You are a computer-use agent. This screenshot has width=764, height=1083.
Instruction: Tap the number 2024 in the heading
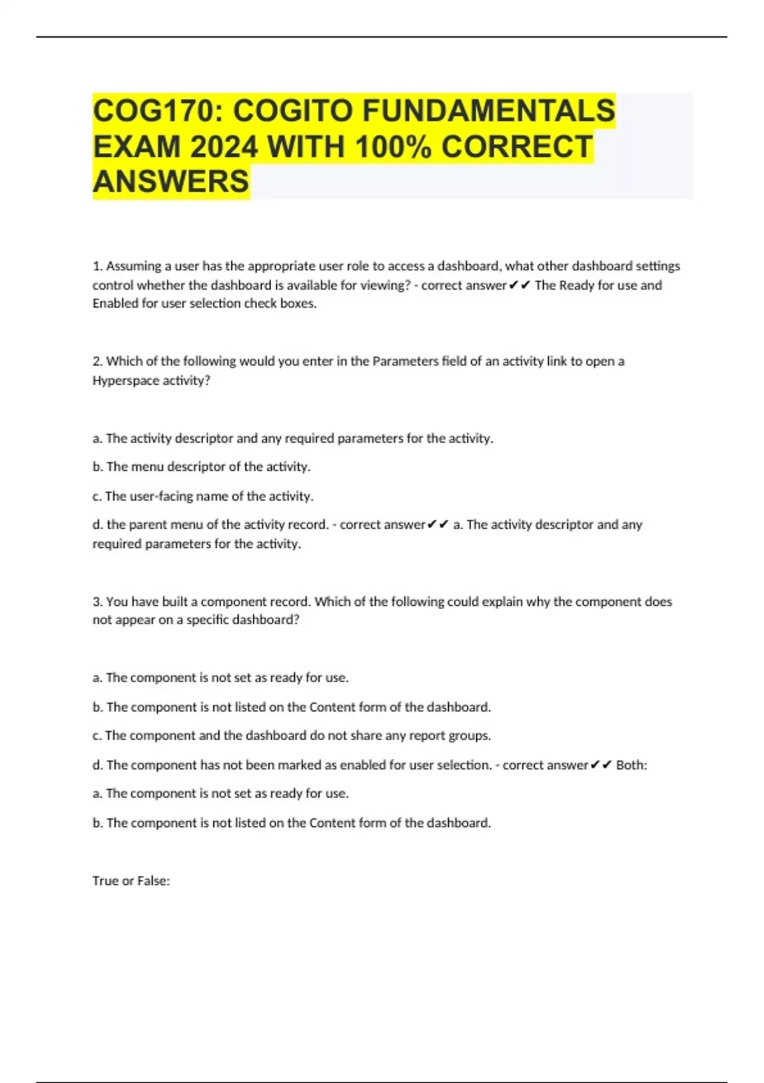point(223,147)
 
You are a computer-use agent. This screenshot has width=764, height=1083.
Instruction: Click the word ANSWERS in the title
point(171,182)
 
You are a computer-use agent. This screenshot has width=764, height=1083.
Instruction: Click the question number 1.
point(97,266)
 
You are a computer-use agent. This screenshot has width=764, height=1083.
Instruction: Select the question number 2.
point(97,361)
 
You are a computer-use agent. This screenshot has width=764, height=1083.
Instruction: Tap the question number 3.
point(97,601)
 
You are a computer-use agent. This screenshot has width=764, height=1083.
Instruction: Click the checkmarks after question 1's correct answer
point(520,285)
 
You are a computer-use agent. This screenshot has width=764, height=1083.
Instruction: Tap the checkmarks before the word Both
point(602,765)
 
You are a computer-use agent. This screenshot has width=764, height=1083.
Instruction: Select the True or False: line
point(131,880)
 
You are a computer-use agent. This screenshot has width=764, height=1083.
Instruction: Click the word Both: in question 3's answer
point(632,765)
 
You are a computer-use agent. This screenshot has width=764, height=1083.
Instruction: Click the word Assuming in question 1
point(131,266)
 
